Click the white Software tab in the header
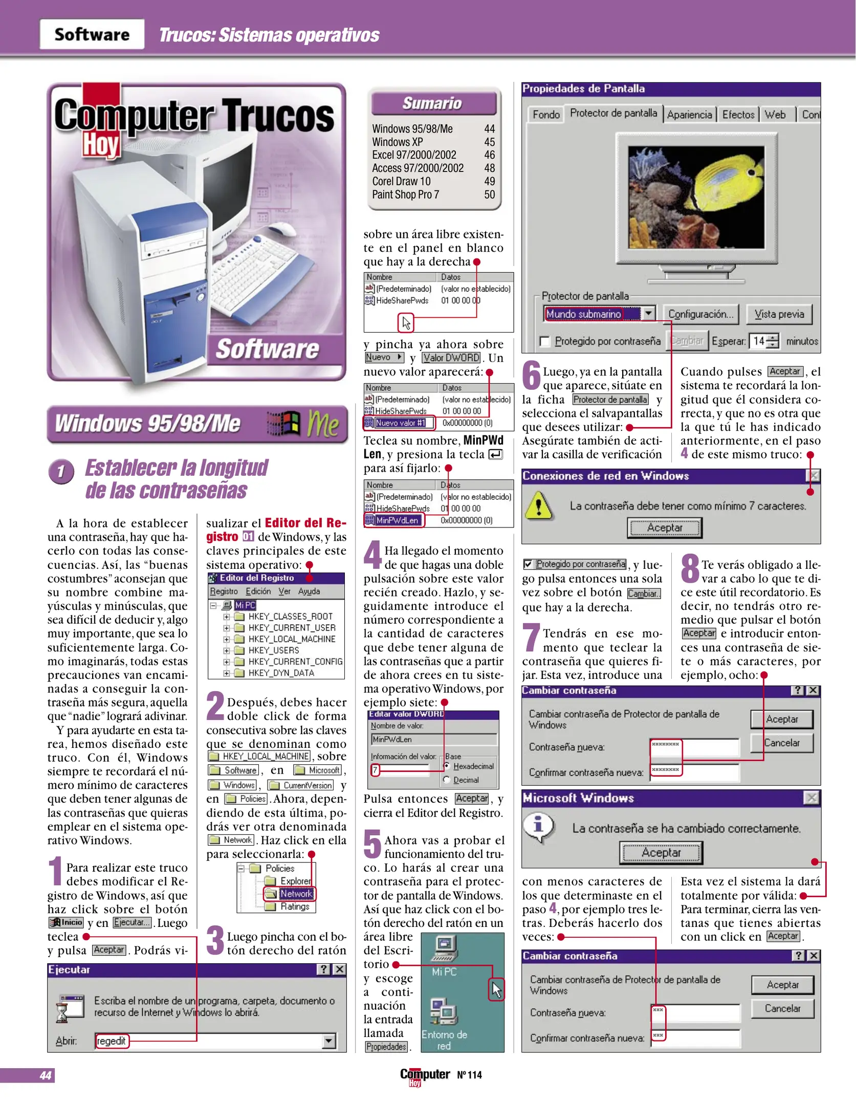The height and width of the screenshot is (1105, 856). point(92,34)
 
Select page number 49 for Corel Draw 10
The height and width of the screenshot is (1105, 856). point(489,181)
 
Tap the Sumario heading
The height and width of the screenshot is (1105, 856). point(433,103)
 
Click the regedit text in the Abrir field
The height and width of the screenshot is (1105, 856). point(111,1041)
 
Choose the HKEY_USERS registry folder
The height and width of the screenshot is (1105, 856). point(273,650)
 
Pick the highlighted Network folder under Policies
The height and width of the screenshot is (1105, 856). point(296,893)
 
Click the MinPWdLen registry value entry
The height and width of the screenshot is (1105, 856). point(397,520)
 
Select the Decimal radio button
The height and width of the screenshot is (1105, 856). point(447,780)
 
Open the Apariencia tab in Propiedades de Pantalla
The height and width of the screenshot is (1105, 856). point(689,115)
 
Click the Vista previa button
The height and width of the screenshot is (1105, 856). point(779,314)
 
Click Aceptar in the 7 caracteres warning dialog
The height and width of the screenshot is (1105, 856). point(664,527)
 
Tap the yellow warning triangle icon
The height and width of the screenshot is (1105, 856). point(539,505)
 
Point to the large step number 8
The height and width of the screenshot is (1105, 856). point(690,568)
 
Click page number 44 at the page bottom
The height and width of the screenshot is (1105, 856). point(46,1075)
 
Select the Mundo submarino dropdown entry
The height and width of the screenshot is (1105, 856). point(584,314)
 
